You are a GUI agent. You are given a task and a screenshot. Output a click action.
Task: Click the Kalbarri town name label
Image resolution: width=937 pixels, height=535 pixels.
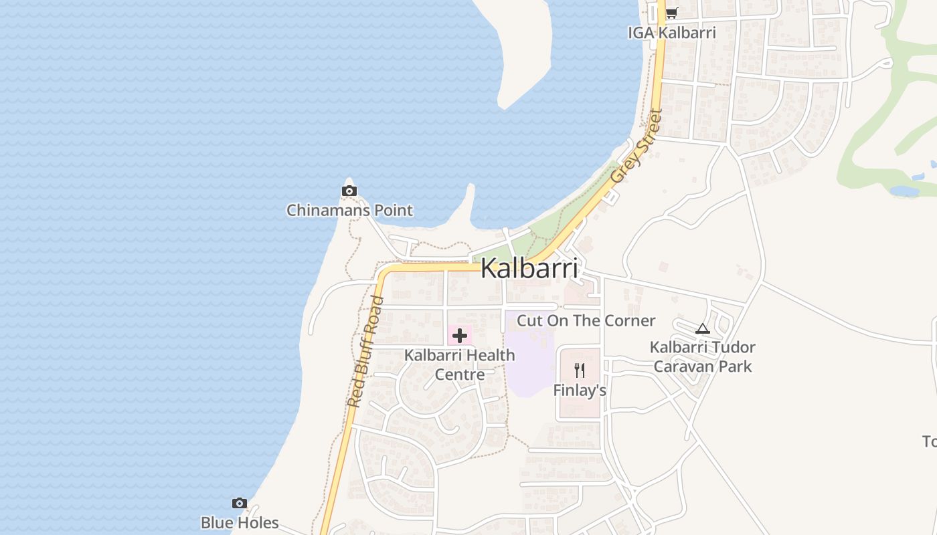pyautogui.click(x=529, y=268)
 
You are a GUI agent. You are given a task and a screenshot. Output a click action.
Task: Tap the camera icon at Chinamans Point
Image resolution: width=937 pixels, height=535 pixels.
pyautogui.click(x=349, y=191)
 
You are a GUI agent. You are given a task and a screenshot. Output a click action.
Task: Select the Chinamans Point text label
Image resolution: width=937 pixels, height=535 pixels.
pyautogui.click(x=349, y=211)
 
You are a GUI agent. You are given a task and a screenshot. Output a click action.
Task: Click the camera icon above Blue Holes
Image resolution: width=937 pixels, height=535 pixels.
pyautogui.click(x=239, y=503)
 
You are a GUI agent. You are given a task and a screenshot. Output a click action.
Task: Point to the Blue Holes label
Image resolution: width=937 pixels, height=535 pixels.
pyautogui.click(x=239, y=522)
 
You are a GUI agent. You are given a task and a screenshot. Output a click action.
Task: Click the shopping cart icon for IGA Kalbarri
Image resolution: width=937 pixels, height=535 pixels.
pyautogui.click(x=671, y=13)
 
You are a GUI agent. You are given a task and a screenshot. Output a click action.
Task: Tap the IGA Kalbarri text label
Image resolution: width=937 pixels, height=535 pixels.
pyautogui.click(x=671, y=32)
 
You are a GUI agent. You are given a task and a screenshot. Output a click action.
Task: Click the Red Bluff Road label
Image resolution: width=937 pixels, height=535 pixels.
pyautogui.click(x=365, y=352)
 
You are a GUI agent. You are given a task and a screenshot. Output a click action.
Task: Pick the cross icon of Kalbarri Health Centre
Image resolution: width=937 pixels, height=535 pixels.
pyautogui.click(x=460, y=335)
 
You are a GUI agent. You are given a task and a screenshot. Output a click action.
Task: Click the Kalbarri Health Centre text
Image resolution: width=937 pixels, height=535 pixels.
pyautogui.click(x=460, y=364)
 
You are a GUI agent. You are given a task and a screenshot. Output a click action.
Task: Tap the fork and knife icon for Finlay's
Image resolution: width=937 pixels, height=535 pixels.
pyautogui.click(x=580, y=370)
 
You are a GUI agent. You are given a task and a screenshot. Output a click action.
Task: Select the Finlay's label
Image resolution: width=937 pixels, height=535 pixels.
pyautogui.click(x=580, y=390)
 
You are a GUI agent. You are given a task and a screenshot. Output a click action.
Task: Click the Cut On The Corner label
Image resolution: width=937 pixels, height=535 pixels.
pyautogui.click(x=586, y=320)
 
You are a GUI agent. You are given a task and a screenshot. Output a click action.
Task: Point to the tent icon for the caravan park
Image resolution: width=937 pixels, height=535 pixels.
pyautogui.click(x=701, y=328)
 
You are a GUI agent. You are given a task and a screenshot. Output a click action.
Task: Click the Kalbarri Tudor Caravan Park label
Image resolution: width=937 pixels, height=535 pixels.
pyautogui.click(x=702, y=356)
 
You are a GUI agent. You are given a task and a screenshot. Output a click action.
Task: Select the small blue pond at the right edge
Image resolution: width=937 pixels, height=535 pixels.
pyautogui.click(x=905, y=191)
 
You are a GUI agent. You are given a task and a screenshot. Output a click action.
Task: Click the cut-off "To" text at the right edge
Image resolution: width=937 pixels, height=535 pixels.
pyautogui.click(x=930, y=441)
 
